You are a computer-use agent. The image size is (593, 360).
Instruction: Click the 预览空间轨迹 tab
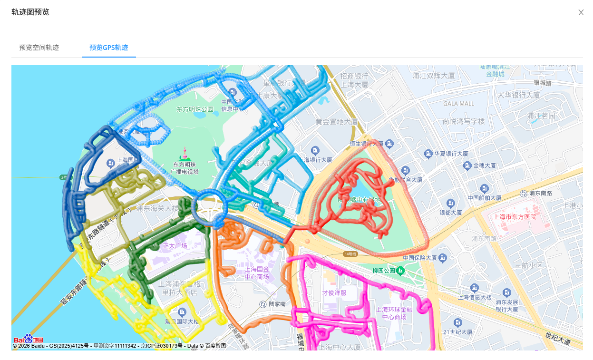39,48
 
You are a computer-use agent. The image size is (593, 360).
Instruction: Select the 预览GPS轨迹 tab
108,48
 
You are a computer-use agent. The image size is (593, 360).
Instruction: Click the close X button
581,12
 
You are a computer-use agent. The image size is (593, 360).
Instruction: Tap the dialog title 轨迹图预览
30,12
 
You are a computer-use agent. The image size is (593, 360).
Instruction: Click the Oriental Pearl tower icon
184,154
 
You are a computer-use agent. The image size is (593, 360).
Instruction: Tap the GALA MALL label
458,104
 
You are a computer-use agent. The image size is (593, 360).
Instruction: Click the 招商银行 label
354,76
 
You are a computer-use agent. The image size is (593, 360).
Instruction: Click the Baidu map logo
29,339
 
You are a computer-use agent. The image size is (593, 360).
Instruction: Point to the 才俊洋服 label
334,292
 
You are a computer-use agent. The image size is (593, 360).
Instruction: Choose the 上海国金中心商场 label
257,272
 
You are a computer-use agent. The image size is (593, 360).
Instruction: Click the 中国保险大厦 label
420,258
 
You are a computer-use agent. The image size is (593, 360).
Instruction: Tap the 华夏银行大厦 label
451,154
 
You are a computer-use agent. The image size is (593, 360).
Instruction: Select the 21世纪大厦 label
457,332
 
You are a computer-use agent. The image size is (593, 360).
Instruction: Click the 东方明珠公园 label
195,109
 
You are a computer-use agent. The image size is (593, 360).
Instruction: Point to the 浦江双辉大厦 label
434,76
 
